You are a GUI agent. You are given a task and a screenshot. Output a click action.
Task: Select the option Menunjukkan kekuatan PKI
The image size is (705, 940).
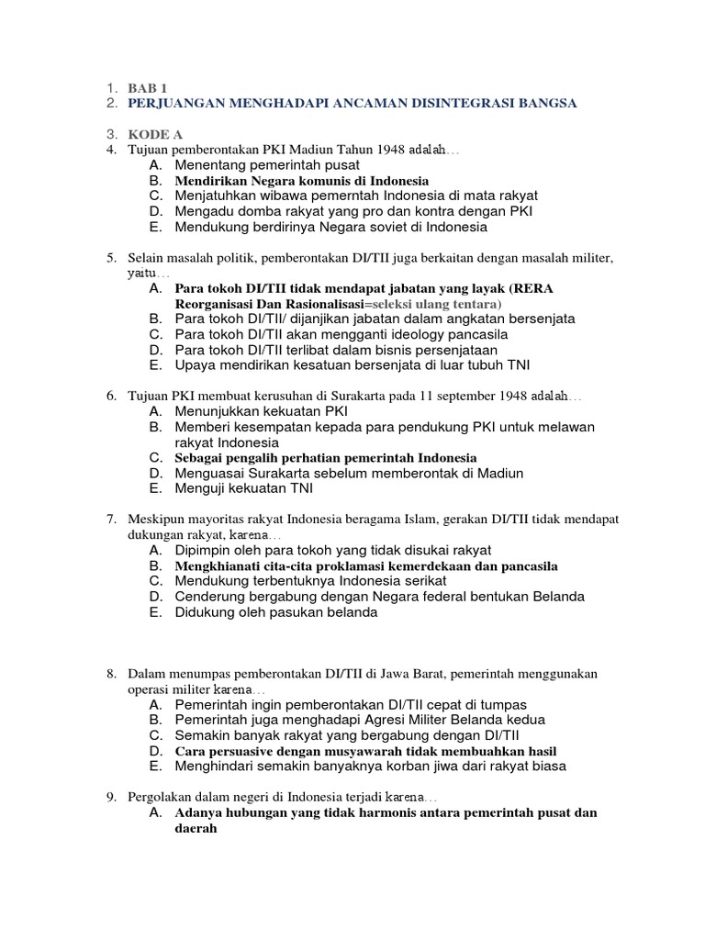pos(262,410)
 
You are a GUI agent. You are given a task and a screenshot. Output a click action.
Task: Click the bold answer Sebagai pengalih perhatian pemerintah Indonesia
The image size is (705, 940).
pos(326,457)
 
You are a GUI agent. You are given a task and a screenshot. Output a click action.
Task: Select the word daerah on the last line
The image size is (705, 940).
pos(196,828)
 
